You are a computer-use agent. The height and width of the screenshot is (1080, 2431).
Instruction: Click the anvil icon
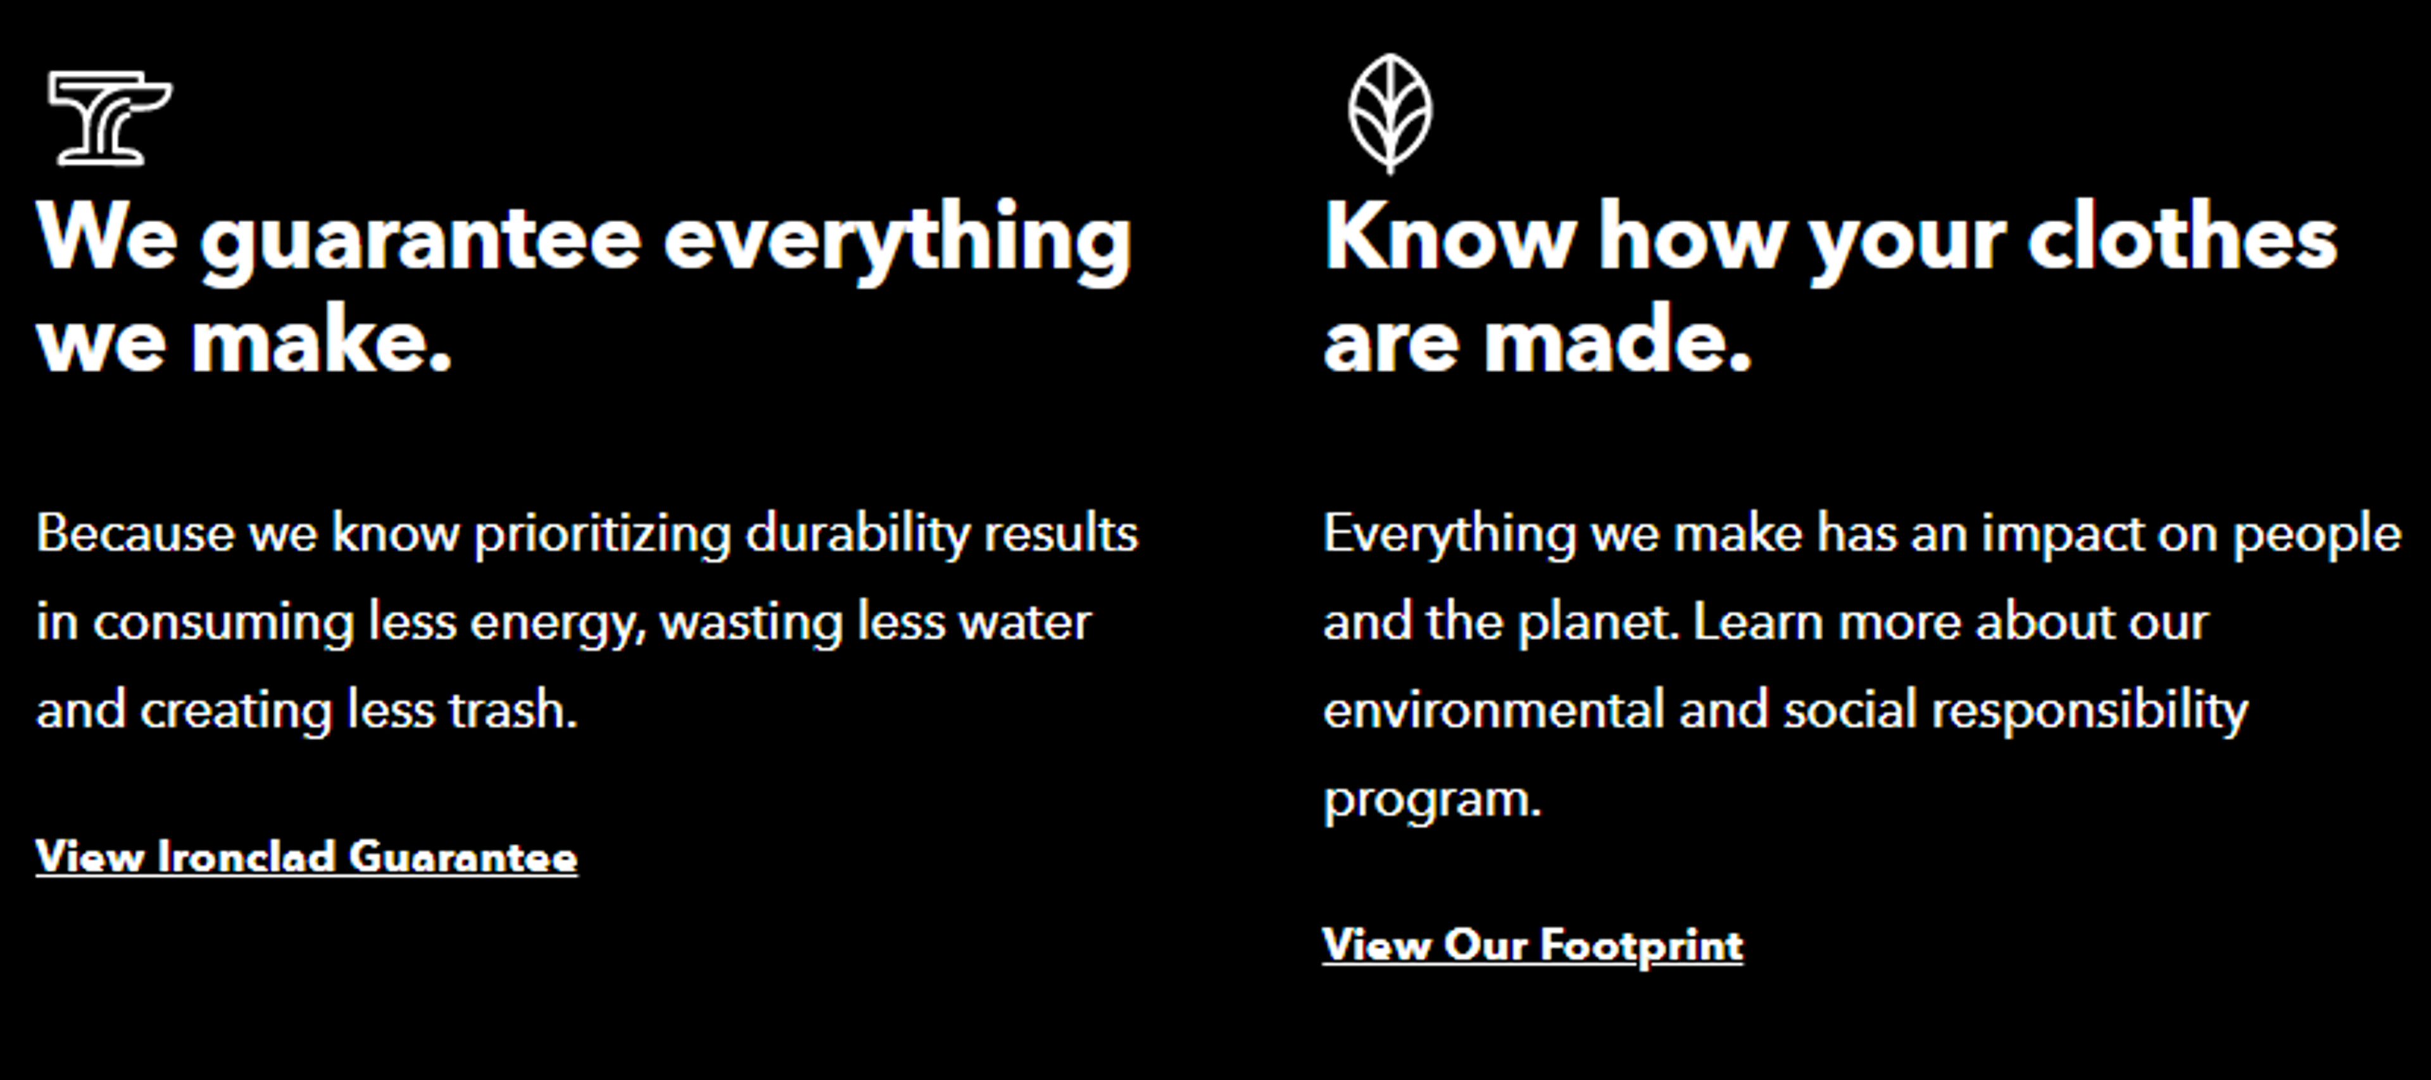coord(110,117)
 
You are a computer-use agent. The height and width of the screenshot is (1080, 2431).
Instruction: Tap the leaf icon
coord(1389,113)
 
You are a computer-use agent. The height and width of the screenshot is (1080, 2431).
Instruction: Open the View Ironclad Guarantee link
coord(306,857)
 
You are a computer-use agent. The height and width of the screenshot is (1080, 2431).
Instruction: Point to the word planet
coord(1598,623)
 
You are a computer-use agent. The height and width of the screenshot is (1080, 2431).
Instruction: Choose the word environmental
coord(1493,710)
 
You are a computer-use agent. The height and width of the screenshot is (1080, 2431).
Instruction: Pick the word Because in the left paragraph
coord(135,534)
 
